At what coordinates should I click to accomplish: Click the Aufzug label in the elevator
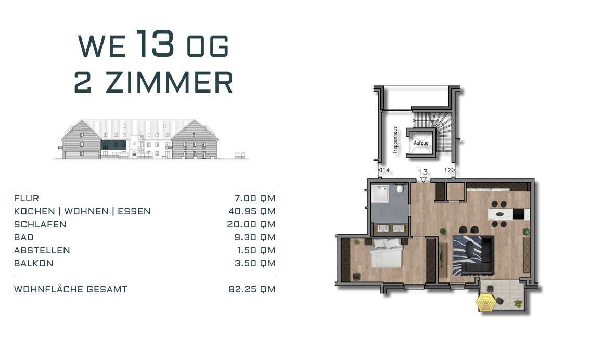421,143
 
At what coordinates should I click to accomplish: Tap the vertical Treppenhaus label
395,140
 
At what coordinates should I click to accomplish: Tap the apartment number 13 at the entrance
423,172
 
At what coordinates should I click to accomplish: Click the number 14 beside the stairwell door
386,170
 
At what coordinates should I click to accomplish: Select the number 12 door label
447,170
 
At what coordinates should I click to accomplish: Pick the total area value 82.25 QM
252,289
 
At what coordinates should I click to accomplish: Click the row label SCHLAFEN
40,224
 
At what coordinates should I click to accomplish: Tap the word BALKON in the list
33,263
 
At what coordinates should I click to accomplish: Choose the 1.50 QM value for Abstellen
256,250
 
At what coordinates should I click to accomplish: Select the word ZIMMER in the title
169,82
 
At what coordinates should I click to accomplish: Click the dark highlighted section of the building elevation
113,145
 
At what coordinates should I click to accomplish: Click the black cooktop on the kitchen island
518,214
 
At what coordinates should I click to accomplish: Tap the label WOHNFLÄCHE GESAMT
71,289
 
